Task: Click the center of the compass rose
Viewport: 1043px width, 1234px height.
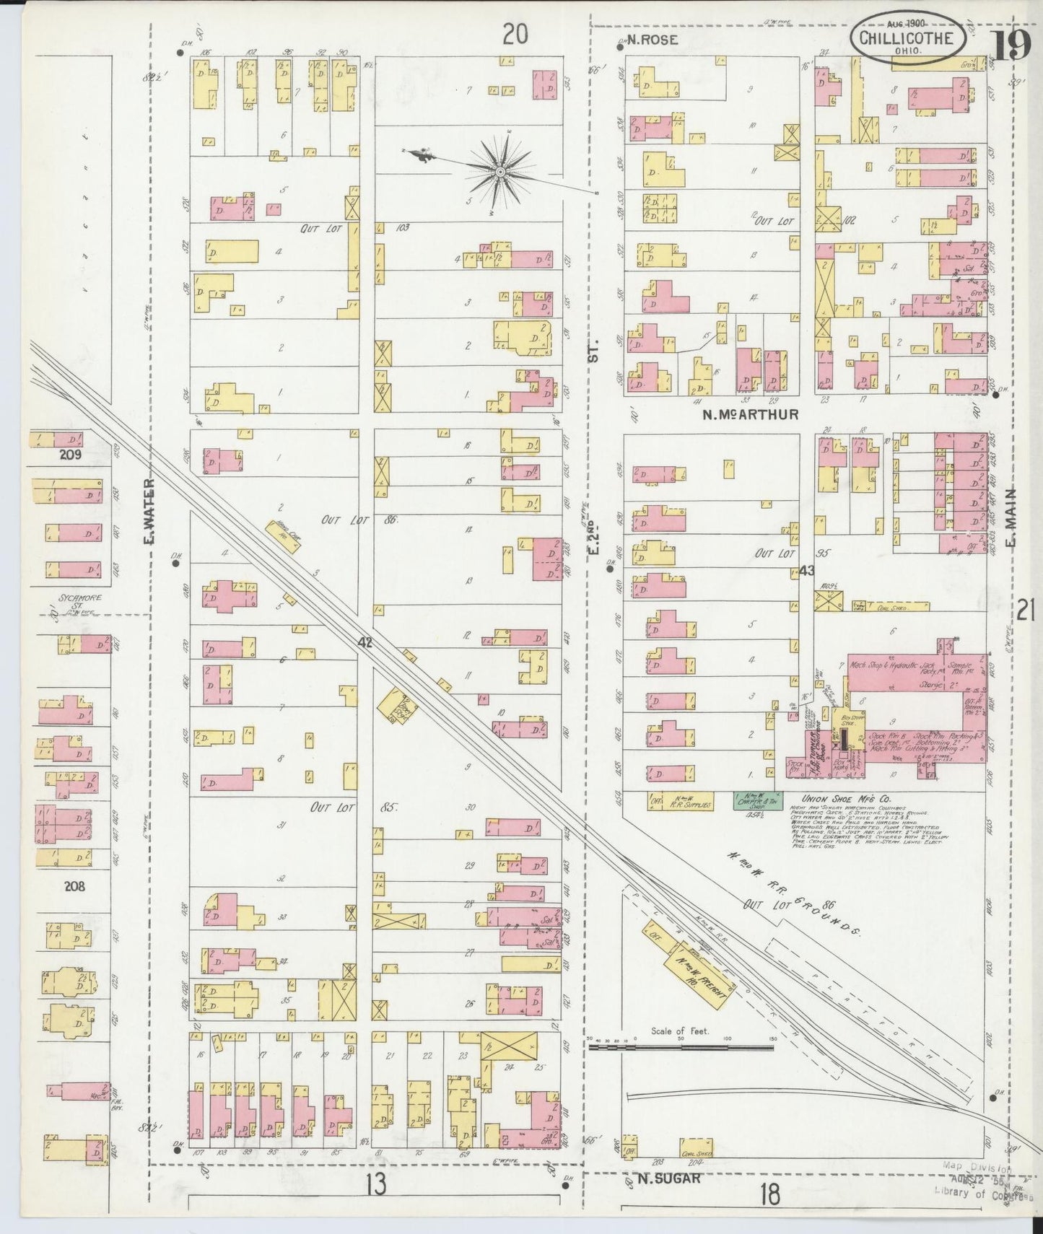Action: (x=499, y=172)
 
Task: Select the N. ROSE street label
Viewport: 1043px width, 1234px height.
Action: (x=653, y=40)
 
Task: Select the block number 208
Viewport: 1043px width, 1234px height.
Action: (x=74, y=885)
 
